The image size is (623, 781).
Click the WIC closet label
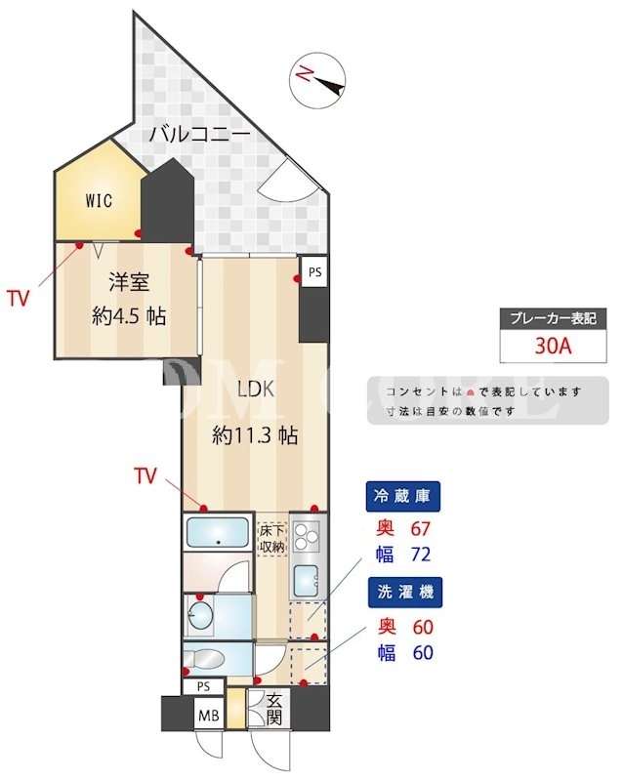click(99, 201)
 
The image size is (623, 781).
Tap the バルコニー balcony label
click(200, 134)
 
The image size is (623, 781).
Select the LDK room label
click(256, 389)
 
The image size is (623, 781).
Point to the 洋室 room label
click(129, 282)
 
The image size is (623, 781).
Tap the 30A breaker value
click(554, 346)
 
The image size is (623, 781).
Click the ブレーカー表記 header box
click(554, 318)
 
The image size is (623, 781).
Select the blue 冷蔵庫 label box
click(402, 496)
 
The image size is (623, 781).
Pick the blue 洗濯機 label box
click(405, 593)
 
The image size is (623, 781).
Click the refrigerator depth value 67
click(420, 528)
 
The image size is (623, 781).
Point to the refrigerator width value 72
click(420, 555)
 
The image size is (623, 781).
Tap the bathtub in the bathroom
click(218, 532)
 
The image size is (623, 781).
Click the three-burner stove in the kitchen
click(305, 536)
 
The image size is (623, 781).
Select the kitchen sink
click(306, 581)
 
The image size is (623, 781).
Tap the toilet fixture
click(204, 660)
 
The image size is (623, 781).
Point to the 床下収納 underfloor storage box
click(272, 539)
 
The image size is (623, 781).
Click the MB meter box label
click(209, 716)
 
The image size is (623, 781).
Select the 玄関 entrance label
click(274, 710)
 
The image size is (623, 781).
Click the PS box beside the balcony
click(315, 272)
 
